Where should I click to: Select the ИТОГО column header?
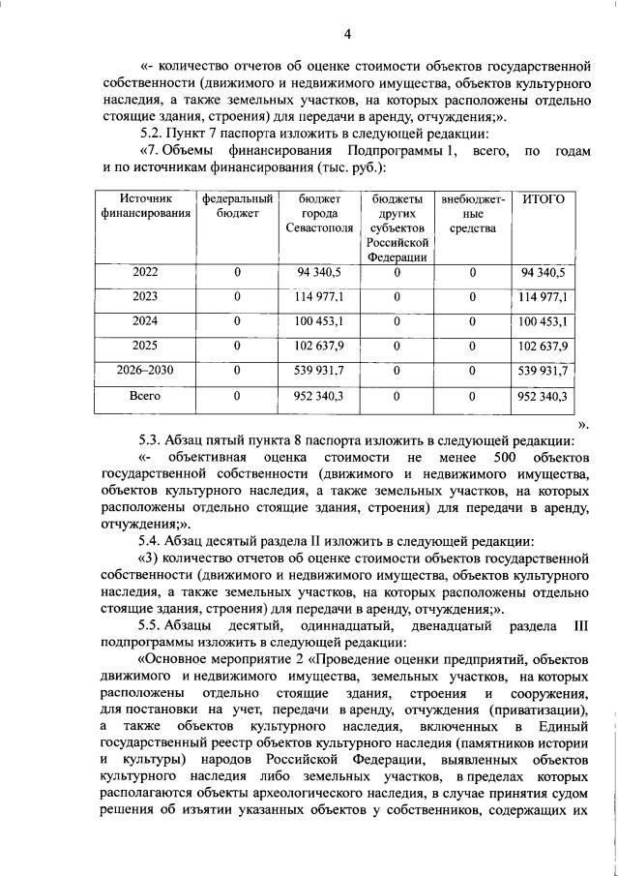(543, 198)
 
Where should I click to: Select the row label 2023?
(145, 296)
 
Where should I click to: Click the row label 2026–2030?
(145, 371)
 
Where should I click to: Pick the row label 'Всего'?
(145, 396)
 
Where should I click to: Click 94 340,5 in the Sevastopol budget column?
(314, 272)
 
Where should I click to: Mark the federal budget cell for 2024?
(237, 321)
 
